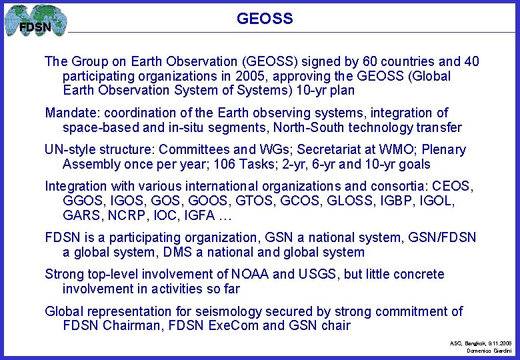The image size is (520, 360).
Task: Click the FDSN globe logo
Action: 35,21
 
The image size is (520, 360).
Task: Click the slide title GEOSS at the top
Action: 265,19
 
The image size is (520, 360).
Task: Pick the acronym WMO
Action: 383,150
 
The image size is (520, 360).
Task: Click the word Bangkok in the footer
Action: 477,343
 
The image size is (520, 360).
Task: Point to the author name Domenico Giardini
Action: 488,351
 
